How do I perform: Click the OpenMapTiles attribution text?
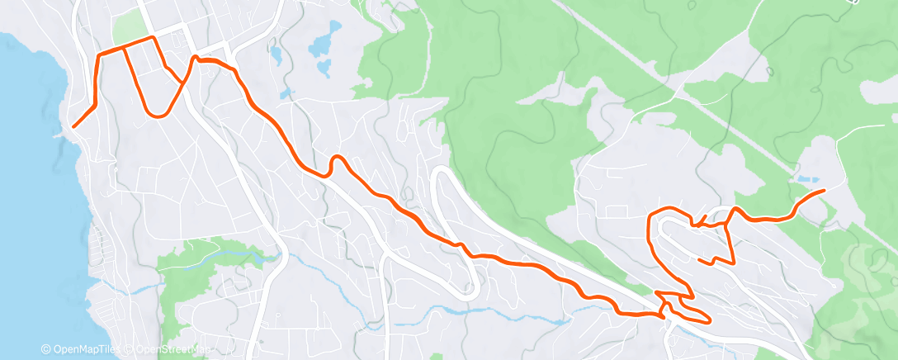click(85, 350)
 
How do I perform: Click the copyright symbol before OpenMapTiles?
click(45, 350)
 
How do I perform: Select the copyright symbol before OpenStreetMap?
click(130, 350)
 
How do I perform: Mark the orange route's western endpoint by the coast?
click(73, 126)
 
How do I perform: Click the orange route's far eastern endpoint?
click(824, 191)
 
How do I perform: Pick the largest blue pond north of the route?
click(324, 41)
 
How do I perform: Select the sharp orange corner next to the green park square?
click(153, 37)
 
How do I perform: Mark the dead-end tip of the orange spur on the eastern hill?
click(699, 261)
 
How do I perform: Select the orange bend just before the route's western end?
click(96, 105)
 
